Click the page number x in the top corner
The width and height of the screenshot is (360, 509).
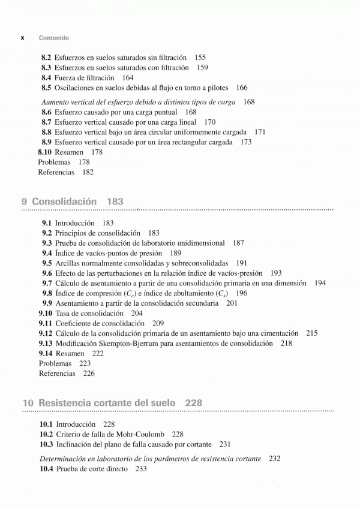22,38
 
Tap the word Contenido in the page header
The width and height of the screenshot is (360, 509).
53,38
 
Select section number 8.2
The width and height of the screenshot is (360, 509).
46,58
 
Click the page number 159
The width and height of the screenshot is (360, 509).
202,68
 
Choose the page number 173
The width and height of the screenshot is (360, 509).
246,142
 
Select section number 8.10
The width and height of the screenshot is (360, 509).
44,152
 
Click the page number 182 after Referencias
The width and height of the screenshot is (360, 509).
88,172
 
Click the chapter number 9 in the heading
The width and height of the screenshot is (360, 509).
25,202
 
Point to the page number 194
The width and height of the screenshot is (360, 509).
320,283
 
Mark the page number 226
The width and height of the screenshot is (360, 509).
89,374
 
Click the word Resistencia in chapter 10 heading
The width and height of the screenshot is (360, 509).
65,403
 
